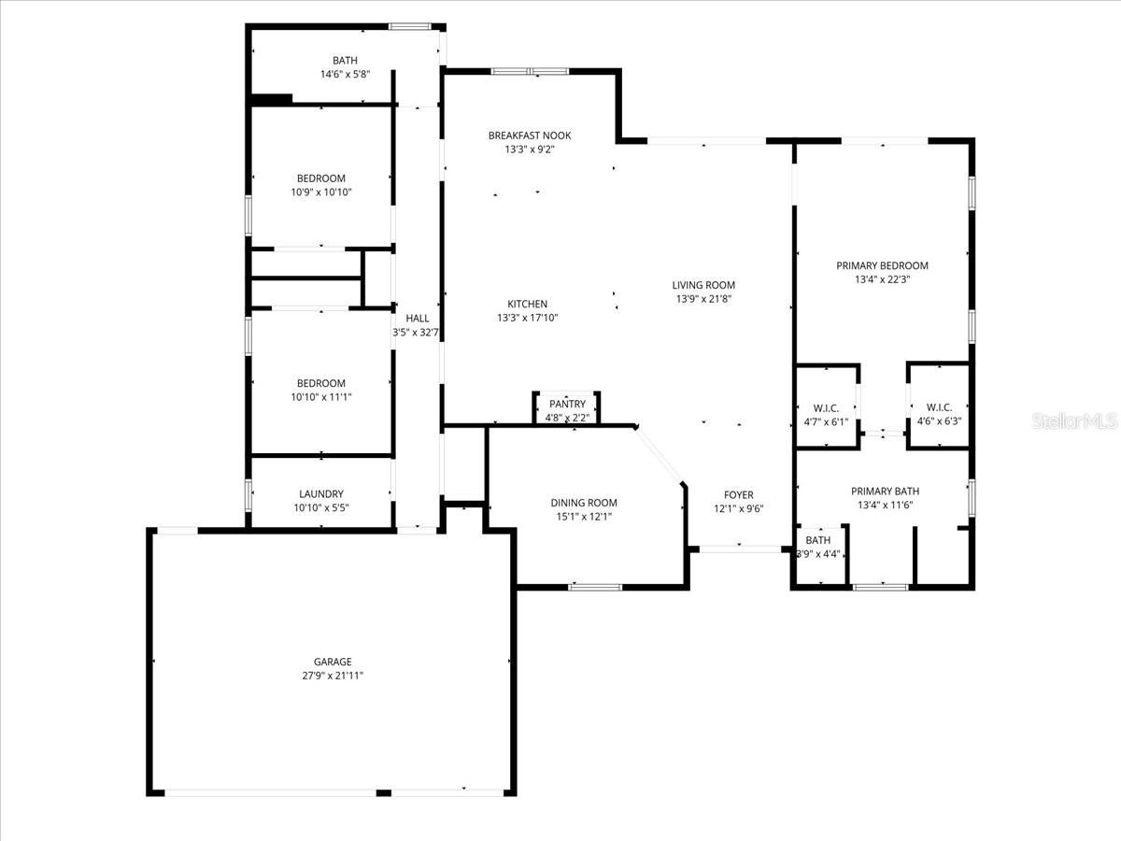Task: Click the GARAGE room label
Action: pos(332,662)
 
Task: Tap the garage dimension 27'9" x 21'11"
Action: pos(332,675)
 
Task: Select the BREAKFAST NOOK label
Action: pos(530,135)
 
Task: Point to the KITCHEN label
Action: pos(527,304)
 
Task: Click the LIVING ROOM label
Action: pos(703,285)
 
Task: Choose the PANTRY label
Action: pos(566,405)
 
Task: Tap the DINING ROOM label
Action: pos(584,503)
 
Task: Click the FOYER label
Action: pos(738,495)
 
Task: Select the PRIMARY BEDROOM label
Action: pos(882,265)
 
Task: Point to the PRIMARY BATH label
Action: pos(885,492)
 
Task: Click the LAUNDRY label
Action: pos(320,494)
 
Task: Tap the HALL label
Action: pos(417,319)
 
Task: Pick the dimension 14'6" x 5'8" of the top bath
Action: pos(345,74)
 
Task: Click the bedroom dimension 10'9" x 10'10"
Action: pos(320,192)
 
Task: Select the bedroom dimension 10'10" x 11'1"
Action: pos(320,396)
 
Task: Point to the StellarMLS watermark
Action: pos(1073,421)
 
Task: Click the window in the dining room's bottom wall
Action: pos(595,587)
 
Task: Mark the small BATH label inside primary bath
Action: pos(818,540)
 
